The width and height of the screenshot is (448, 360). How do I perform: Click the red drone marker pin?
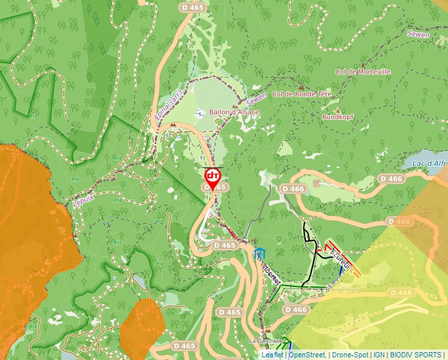pos(212,176)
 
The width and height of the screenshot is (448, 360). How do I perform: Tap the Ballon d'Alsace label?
pos(234,113)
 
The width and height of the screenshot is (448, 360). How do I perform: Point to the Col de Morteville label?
pos(362,72)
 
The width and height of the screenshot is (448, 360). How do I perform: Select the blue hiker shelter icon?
pos(259,253)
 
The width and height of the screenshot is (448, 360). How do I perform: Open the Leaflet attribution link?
pos(271,355)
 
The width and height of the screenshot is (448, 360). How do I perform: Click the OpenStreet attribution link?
pos(307,355)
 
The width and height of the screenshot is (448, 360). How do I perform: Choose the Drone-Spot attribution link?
pos(350,355)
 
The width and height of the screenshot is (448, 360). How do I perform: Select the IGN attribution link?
pos(379,355)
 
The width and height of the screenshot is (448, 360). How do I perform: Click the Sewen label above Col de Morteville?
pos(418,34)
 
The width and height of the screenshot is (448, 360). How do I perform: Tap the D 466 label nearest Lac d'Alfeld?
pos(391,178)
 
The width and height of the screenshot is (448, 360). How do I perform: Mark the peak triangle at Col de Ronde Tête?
pos(302,86)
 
